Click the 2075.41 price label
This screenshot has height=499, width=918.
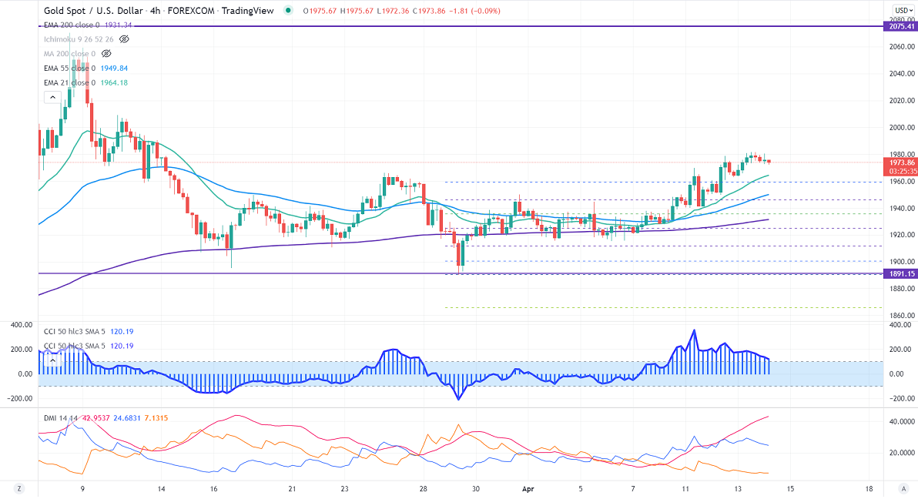click(900, 26)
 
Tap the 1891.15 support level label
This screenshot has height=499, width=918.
click(900, 273)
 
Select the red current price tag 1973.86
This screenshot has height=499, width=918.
click(900, 162)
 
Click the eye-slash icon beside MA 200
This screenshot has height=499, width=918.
click(106, 54)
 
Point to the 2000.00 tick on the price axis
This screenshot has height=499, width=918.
click(900, 128)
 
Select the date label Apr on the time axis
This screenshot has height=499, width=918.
click(528, 489)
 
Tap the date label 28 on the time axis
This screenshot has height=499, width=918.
click(424, 489)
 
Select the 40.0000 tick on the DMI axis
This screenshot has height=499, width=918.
click(902, 422)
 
